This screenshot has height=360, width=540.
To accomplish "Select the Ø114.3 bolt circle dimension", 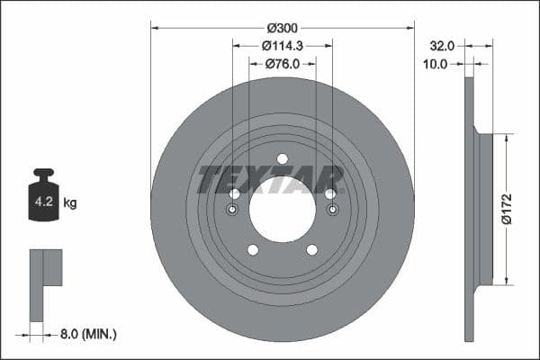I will [x=283, y=45].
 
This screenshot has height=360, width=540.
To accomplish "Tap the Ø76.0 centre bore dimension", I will [x=283, y=64].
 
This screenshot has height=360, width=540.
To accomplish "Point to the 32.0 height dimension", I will [x=443, y=43].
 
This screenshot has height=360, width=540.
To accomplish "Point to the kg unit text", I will [x=70, y=203].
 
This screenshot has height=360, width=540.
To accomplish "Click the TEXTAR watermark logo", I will [x=270, y=179].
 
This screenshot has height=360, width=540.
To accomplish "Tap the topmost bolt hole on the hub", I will [x=283, y=158].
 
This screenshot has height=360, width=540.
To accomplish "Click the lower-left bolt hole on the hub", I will [x=253, y=249].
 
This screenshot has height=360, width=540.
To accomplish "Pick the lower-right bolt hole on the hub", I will [x=312, y=249].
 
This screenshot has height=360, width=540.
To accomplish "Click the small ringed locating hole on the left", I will [x=233, y=210].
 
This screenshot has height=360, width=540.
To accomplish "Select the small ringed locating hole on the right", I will [x=332, y=210].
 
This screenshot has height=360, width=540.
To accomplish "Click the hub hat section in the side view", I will [x=485, y=209].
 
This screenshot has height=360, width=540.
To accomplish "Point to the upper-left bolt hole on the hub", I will [x=235, y=193].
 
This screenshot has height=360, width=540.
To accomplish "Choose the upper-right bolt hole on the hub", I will [x=330, y=193].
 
